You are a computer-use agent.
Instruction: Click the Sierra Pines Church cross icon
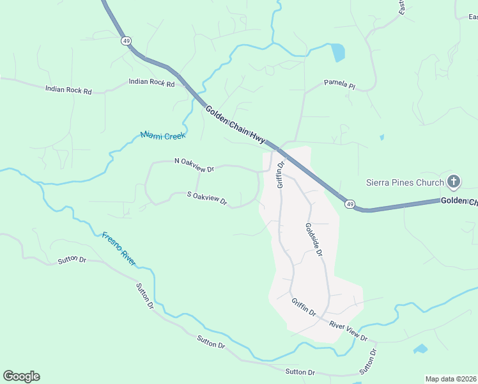454,182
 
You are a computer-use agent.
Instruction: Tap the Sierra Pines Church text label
405,182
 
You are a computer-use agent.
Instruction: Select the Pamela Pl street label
339,83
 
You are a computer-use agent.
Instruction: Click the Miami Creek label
162,136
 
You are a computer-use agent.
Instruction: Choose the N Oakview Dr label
194,164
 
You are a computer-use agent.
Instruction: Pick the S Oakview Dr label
207,198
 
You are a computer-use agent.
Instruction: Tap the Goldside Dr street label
314,239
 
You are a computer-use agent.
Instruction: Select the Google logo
21,376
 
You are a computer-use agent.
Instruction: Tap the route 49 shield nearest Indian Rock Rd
125,41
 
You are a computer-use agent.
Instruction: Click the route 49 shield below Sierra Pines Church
350,204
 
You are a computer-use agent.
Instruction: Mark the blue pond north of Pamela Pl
337,52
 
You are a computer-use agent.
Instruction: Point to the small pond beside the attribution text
420,349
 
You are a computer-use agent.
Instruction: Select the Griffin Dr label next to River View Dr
304,307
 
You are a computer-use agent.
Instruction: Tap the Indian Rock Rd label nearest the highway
151,83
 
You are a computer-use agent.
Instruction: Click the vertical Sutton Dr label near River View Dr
367,361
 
